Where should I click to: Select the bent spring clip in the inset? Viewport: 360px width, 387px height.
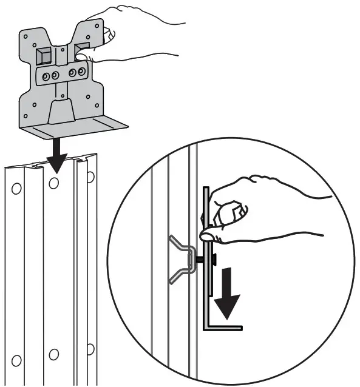(178, 258)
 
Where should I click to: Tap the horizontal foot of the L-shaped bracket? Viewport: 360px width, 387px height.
(225, 328)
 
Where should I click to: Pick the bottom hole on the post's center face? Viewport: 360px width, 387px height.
(54, 354)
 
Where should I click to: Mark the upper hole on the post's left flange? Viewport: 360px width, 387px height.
(16, 189)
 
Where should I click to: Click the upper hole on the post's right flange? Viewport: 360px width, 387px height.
(90, 177)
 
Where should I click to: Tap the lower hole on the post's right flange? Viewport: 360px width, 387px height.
(90, 348)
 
